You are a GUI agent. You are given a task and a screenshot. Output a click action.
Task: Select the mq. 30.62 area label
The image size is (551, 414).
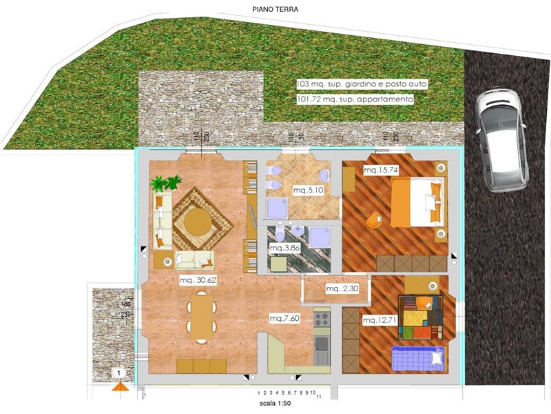[x=198, y=281]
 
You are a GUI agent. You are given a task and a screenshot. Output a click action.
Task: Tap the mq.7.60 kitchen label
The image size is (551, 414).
[x=284, y=318]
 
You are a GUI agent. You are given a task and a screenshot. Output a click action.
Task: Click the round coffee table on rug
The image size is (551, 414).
[x=198, y=222]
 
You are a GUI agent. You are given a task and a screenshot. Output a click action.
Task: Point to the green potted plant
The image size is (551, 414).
[x=165, y=184]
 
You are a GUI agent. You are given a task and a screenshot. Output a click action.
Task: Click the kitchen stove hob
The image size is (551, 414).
[x=321, y=319]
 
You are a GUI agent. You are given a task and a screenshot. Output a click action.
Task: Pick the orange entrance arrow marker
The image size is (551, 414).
[x=121, y=386]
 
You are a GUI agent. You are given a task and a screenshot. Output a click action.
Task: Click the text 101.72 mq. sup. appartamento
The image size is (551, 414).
[x=355, y=99]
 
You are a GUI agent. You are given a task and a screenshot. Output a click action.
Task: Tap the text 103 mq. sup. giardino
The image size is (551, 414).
[x=362, y=83]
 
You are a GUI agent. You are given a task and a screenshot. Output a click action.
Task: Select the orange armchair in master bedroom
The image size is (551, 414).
[x=373, y=219]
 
